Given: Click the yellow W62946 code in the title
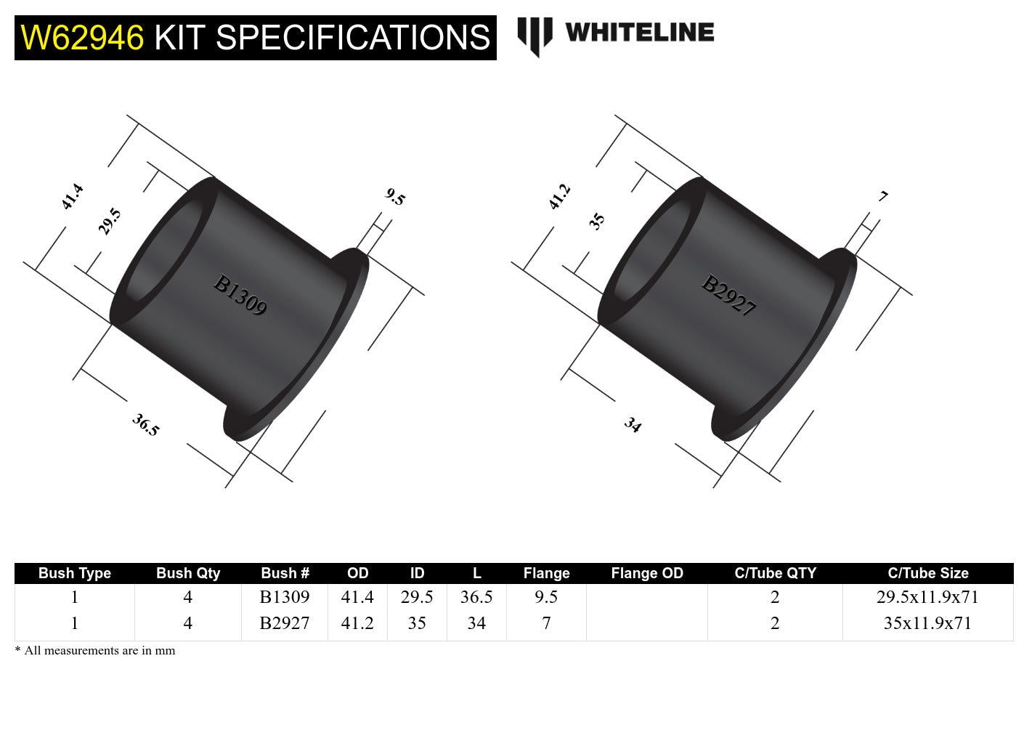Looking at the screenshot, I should point(82,38).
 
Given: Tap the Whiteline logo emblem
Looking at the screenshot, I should point(535,35).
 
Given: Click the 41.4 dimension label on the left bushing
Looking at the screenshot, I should point(72,197).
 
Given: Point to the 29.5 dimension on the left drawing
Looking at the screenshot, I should point(110,221).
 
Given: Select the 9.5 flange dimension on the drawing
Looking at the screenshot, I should point(395,197).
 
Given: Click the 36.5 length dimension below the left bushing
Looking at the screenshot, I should point(145,425).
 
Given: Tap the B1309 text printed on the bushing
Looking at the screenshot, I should point(240,295).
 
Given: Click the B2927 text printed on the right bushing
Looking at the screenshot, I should point(728,295).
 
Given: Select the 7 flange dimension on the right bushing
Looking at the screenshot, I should point(883,196).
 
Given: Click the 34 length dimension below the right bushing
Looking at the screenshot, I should point(633,425).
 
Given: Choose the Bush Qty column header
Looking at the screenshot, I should point(187,573).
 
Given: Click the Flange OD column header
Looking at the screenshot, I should point(646,573).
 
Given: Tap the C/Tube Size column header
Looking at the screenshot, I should point(927,573).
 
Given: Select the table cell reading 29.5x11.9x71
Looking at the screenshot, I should point(927,597).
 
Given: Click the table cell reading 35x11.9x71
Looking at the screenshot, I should point(927,623).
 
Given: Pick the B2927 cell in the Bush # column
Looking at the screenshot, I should point(284,623).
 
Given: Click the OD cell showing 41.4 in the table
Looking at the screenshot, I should point(357,597).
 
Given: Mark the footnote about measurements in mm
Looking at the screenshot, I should point(95,650).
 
